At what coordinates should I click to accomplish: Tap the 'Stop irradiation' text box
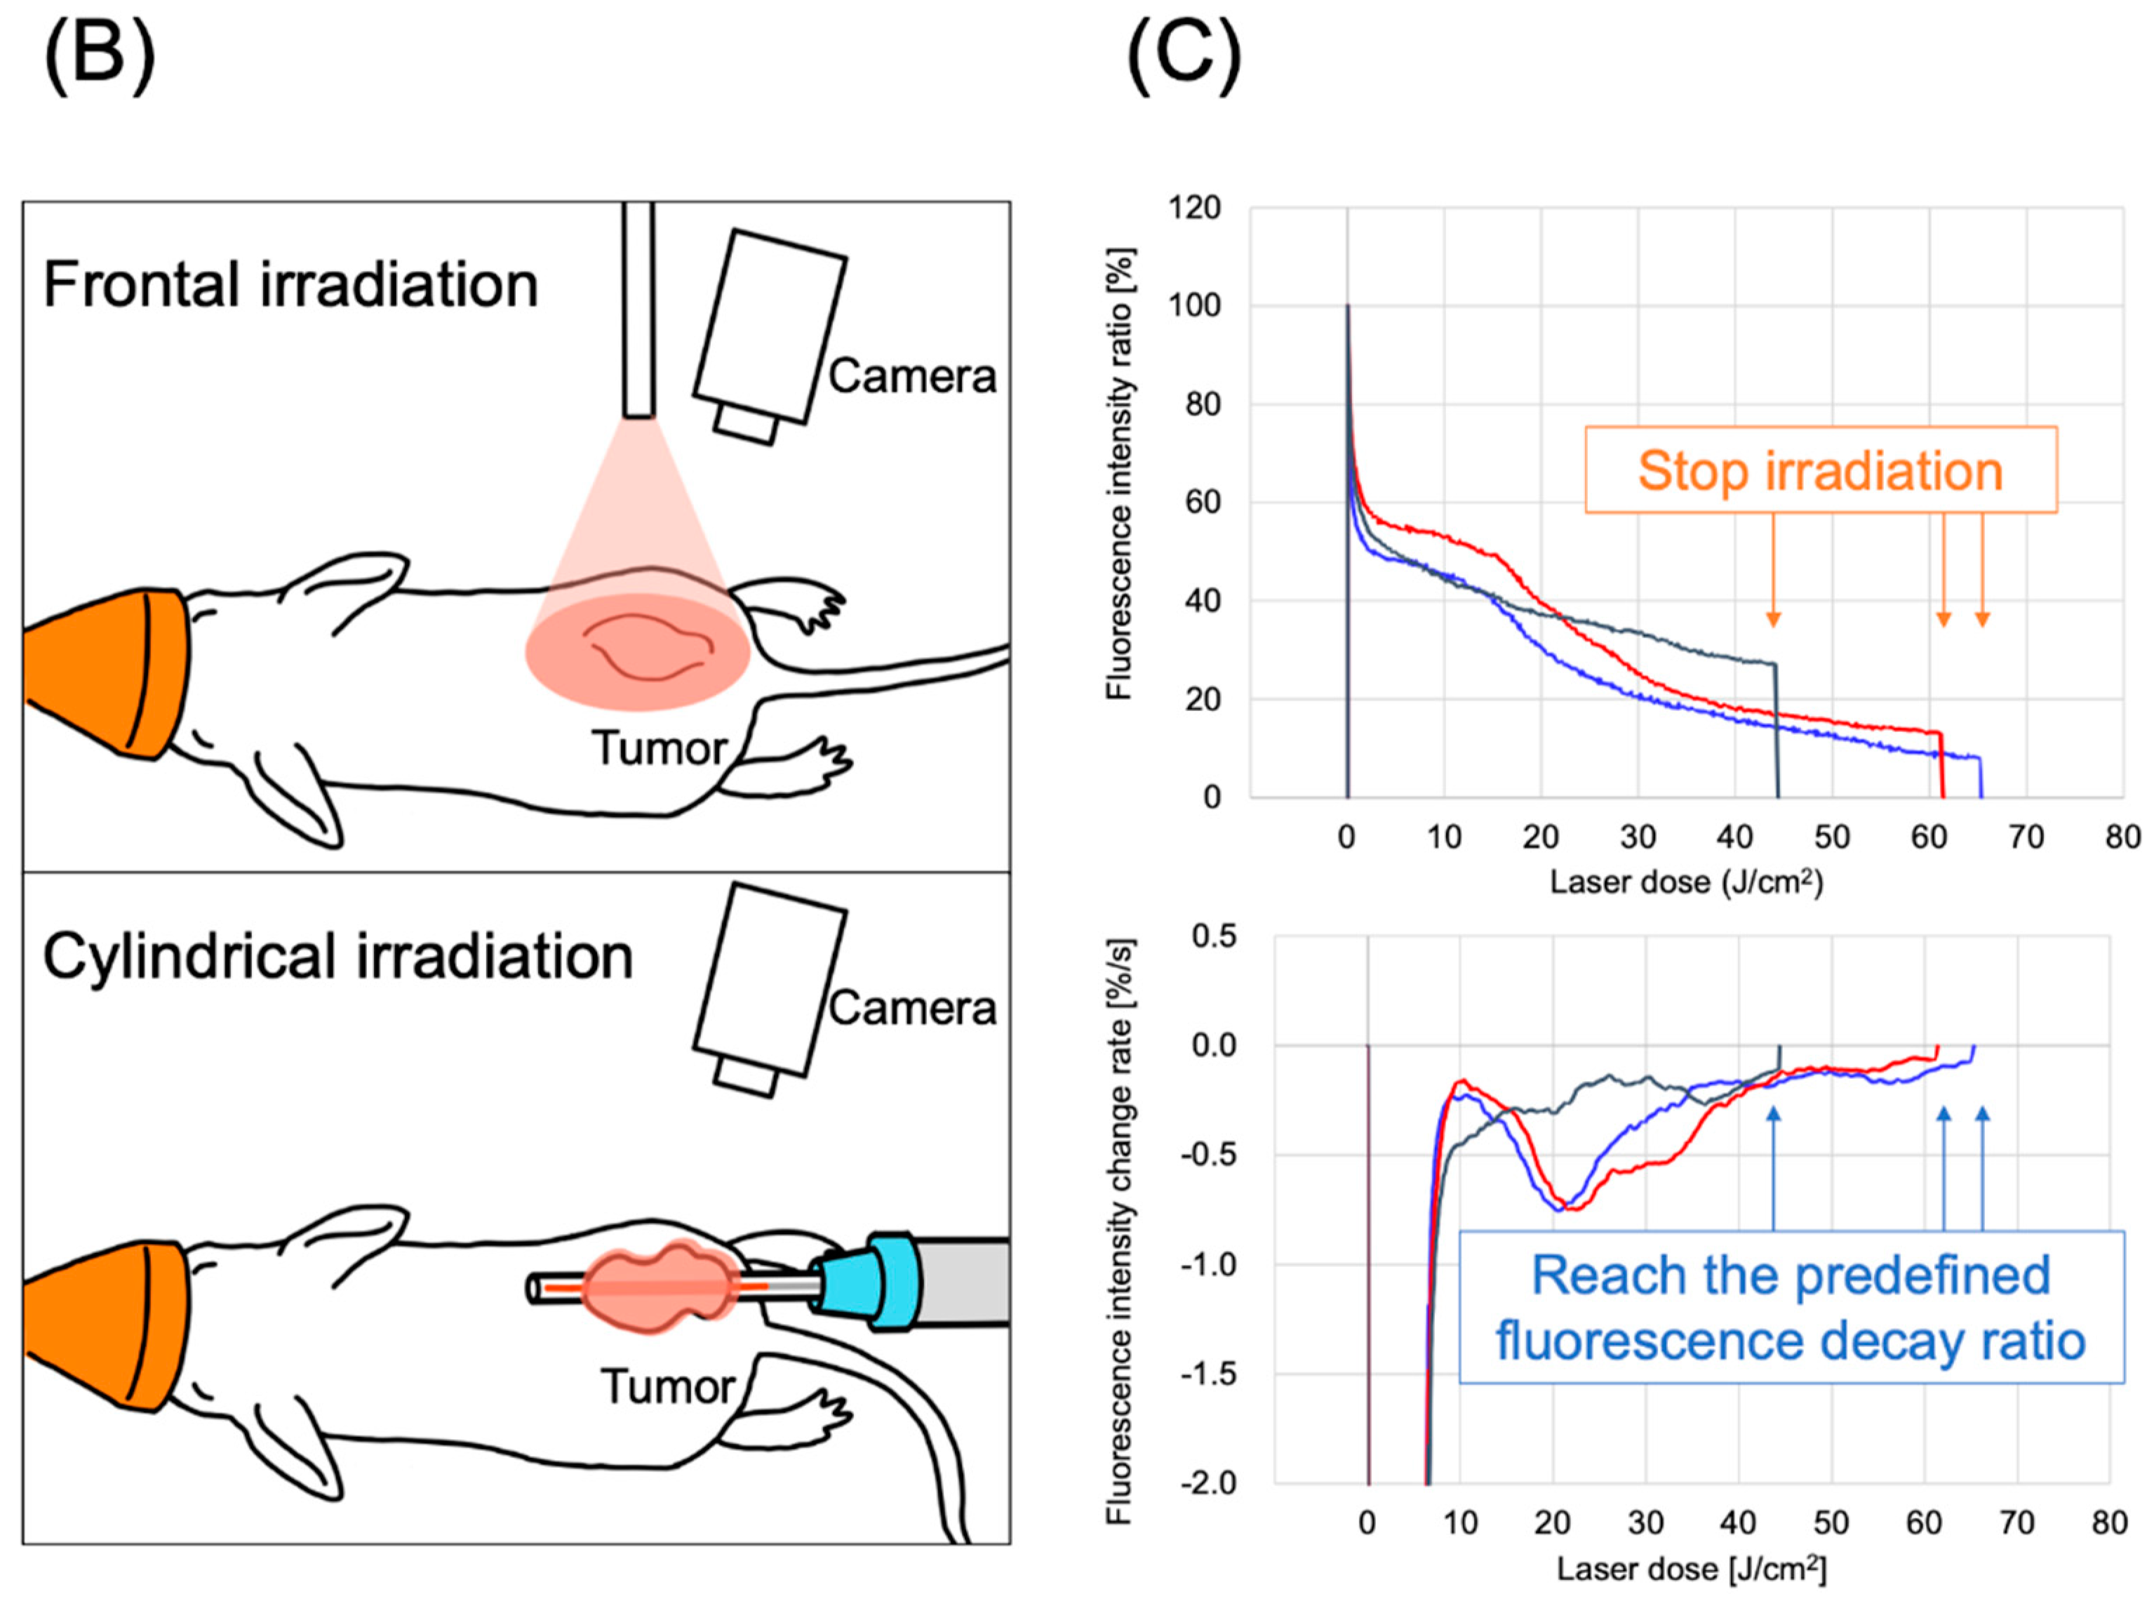tap(1821, 471)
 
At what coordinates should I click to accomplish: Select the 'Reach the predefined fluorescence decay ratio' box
tap(1791, 1307)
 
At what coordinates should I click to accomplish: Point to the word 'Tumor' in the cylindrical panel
tap(668, 1386)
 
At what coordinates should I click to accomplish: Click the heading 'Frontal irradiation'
tap(290, 286)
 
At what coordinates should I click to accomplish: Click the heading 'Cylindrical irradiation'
tap(337, 957)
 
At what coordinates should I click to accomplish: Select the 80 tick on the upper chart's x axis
tap(2122, 837)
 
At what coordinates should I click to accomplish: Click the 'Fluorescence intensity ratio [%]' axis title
tap(1120, 474)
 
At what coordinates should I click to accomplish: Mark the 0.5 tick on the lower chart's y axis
tap(1213, 936)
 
